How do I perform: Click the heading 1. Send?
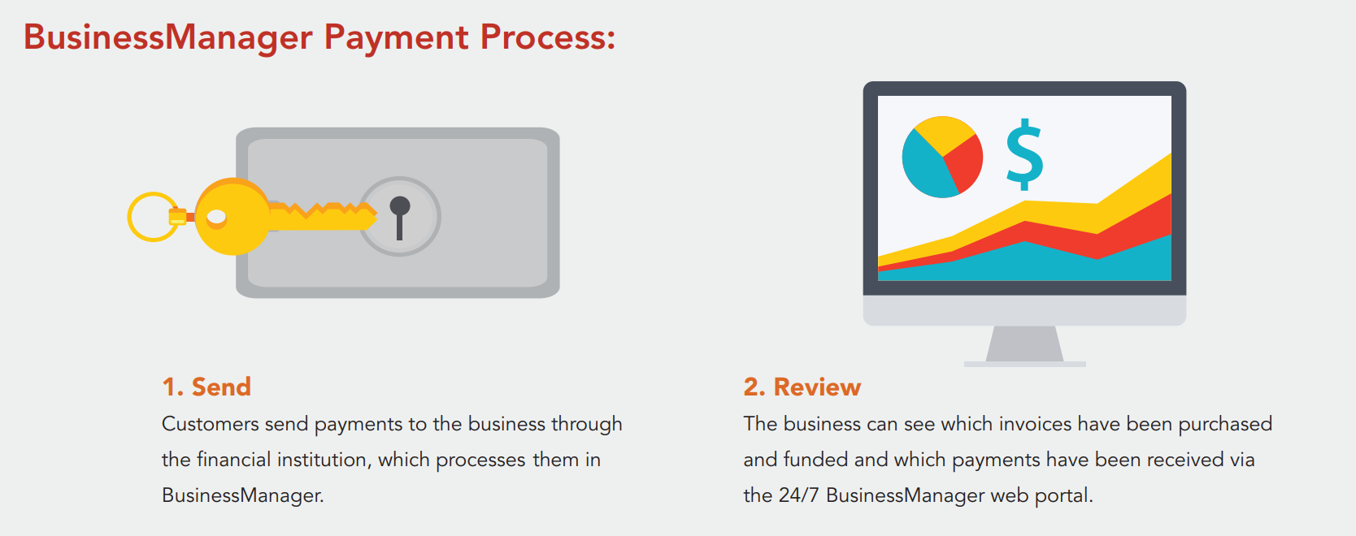[x=206, y=387]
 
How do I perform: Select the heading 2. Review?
[x=802, y=387]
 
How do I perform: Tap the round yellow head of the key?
[x=233, y=217]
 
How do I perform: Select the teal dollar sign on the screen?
[x=1024, y=154]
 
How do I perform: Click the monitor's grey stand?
[x=1024, y=346]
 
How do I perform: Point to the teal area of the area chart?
[x=1029, y=263]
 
